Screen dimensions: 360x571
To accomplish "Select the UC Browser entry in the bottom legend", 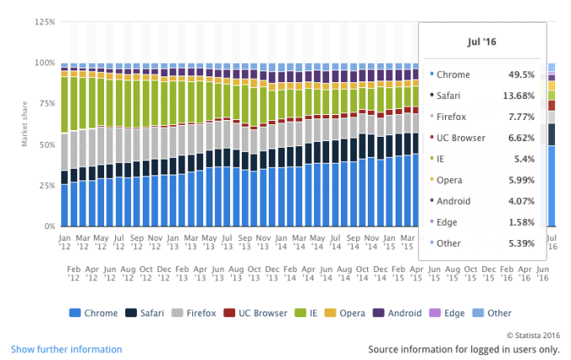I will point(257,313).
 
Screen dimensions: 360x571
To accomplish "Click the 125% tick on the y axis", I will point(44,21).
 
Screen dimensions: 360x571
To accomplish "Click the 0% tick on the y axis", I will point(49,227).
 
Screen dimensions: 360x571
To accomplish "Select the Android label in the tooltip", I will point(455,201).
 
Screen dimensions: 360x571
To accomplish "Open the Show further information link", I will point(66,349).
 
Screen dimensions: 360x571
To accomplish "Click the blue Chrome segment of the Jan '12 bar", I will point(65,206).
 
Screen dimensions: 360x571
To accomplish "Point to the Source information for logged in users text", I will point(464,349).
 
